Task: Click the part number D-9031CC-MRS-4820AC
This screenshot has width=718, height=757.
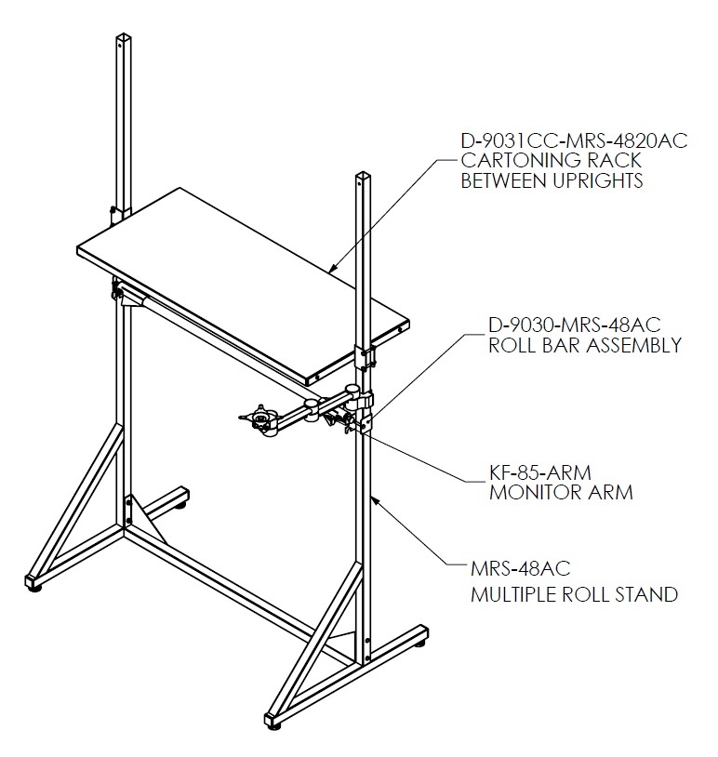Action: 574,140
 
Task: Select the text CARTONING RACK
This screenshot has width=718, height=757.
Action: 551,160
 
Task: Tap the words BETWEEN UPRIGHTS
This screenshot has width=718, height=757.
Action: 552,180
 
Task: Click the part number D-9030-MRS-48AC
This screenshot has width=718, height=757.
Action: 574,325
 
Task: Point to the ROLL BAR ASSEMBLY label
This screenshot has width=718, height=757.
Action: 585,346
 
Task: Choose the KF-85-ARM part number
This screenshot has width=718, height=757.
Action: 539,472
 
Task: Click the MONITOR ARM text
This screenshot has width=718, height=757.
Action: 561,493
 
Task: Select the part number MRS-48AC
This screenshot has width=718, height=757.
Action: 520,568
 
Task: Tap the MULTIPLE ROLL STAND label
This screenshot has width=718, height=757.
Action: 574,594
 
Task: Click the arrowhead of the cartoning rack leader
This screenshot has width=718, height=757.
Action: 332,270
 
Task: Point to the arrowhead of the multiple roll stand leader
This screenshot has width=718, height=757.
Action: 374,500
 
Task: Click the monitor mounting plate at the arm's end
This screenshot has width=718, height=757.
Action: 259,416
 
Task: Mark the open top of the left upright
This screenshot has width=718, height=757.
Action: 124,36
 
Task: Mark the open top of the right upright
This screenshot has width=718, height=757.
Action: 362,175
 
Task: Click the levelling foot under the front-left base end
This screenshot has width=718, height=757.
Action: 34,588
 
